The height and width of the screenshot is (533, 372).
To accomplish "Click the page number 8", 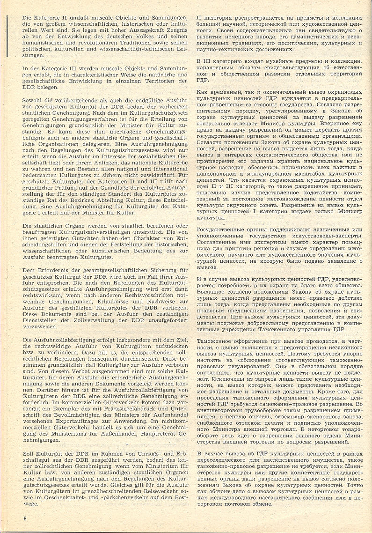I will pos(25,518).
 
